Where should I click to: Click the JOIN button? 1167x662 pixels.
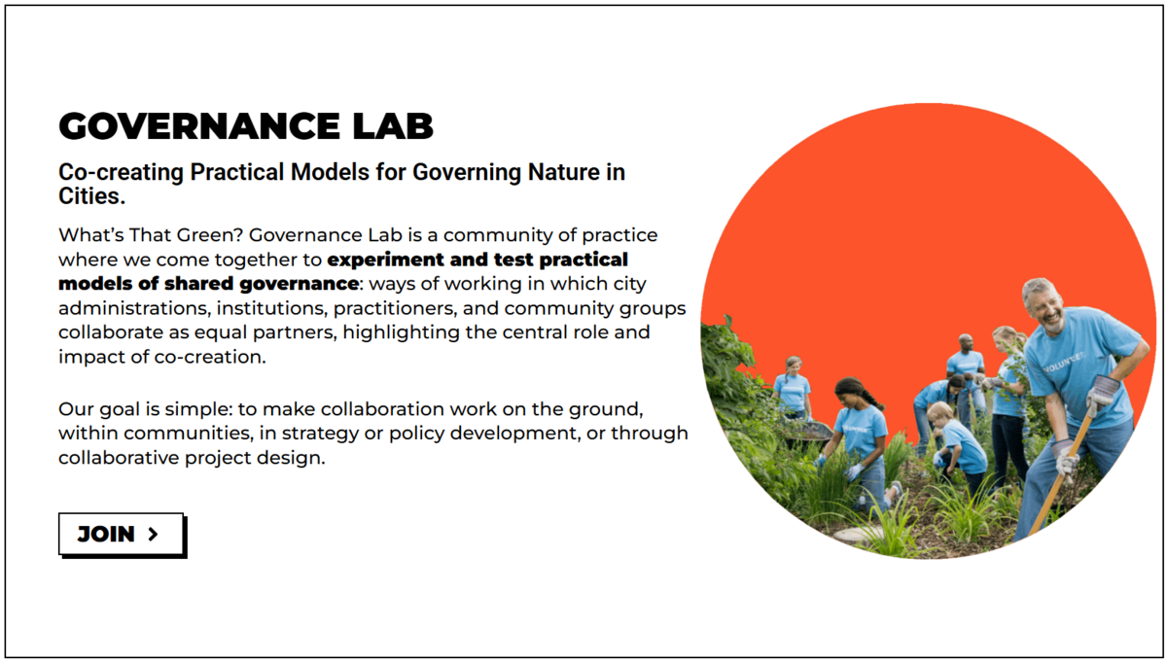[122, 535]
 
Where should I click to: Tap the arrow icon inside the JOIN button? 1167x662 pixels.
[153, 534]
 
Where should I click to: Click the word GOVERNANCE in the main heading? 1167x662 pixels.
[199, 126]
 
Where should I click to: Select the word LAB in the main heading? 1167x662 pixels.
[393, 126]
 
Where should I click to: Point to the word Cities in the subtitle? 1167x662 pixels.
[91, 195]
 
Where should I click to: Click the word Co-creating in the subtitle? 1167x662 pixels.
[121, 172]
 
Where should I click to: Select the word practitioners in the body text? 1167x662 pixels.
[396, 309]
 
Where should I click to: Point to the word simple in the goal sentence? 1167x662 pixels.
[199, 410]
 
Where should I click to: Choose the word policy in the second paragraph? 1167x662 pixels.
[416, 434]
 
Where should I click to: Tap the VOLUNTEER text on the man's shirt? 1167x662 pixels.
[1064, 362]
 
